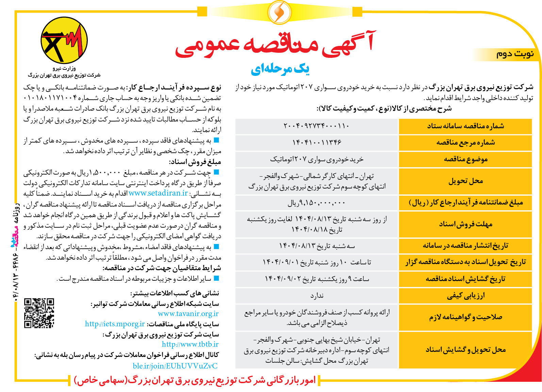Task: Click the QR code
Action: tap(39, 313)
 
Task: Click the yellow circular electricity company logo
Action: tap(64, 40)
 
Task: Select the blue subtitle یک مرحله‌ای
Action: tap(280, 69)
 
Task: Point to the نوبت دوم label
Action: tap(515, 54)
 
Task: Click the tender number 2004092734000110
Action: tap(316, 126)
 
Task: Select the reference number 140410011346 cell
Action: tap(316, 143)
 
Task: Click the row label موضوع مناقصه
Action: tap(465, 159)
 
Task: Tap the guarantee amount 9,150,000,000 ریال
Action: tap(316, 203)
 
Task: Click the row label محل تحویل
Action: tap(465, 181)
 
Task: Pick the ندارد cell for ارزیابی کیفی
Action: tap(316, 296)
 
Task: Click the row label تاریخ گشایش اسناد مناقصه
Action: tap(465, 279)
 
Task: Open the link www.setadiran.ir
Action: tap(158, 193)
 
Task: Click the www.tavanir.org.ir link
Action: tap(188, 314)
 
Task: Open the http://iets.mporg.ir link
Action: tap(115, 324)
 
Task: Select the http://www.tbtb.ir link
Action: tap(190, 344)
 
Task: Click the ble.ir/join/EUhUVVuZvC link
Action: tap(175, 366)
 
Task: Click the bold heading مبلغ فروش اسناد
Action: tap(195, 162)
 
